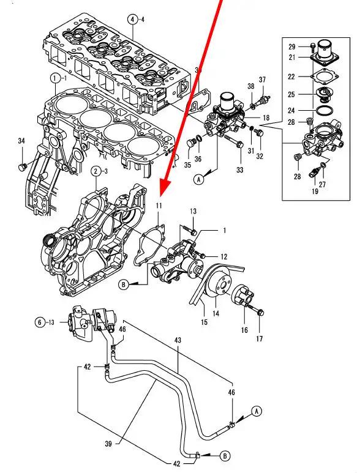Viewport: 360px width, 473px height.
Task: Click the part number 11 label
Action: (159, 206)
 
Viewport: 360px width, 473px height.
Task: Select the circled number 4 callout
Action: (132, 20)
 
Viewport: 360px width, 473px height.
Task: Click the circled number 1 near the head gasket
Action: (55, 79)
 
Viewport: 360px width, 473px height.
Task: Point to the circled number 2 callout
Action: (96, 172)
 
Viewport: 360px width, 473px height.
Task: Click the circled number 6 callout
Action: (40, 322)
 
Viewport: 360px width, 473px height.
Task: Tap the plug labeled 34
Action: (22, 167)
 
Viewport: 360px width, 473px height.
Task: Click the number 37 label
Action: (262, 80)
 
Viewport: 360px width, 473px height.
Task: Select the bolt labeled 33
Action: (234, 142)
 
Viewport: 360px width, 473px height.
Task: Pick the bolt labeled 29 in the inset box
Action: (313, 47)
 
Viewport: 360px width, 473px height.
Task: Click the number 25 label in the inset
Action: (291, 94)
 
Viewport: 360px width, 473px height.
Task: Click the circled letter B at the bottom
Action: (225, 456)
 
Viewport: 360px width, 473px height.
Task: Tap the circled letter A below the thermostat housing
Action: (198, 180)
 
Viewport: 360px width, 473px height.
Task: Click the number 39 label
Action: (108, 444)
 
